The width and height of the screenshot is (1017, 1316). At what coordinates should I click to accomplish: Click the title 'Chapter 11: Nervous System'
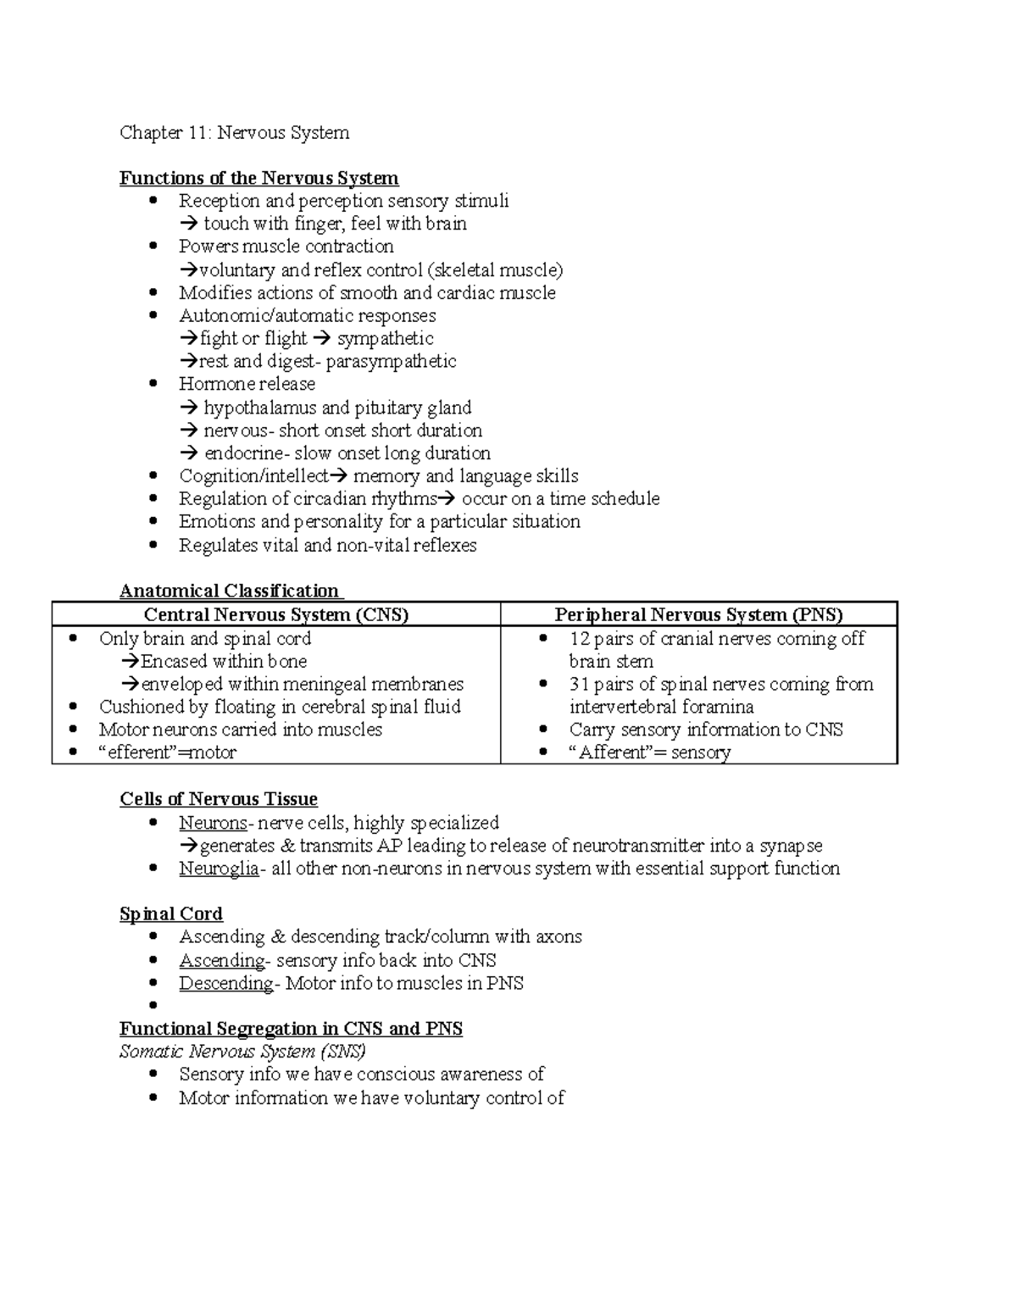point(234,132)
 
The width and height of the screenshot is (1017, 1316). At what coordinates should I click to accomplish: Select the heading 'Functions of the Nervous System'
point(258,178)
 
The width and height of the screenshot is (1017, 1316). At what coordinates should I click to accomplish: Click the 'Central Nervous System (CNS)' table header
point(276,614)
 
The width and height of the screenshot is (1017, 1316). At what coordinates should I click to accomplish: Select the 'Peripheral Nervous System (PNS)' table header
point(698,614)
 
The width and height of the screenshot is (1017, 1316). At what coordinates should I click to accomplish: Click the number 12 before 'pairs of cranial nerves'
point(580,639)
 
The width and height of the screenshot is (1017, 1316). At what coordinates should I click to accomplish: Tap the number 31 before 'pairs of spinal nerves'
point(580,685)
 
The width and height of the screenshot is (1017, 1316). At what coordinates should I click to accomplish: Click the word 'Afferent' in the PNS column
point(611,752)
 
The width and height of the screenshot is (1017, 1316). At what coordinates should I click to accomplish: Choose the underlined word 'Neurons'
point(213,823)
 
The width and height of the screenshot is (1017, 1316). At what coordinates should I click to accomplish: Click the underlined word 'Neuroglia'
point(219,869)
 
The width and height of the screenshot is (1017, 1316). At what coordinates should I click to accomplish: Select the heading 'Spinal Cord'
point(171,914)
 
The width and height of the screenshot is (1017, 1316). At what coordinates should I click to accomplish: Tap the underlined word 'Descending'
point(225,984)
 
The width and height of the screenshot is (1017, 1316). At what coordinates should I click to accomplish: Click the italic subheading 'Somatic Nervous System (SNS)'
point(242,1052)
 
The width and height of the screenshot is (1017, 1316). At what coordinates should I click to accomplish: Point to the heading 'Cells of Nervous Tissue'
point(219,799)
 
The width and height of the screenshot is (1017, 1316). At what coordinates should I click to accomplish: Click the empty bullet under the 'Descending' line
point(153,1006)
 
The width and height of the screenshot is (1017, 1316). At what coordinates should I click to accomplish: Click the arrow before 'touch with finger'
point(189,224)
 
